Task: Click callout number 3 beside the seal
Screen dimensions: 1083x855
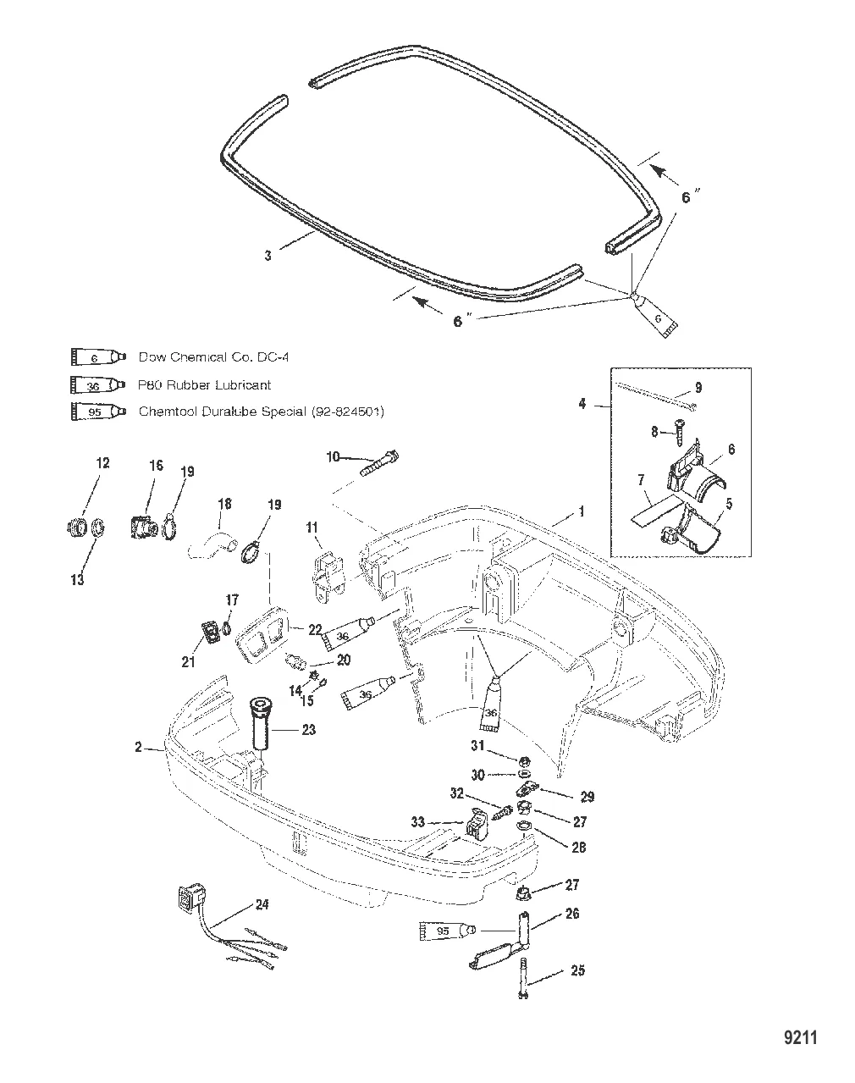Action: tap(268, 254)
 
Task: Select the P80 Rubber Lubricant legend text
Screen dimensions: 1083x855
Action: tap(204, 385)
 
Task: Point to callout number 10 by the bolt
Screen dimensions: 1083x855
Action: tap(333, 457)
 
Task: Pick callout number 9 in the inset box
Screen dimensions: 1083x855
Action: tap(698, 389)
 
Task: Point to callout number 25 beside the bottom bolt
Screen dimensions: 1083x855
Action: tap(577, 970)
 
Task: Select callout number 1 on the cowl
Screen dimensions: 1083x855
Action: tap(581, 512)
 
